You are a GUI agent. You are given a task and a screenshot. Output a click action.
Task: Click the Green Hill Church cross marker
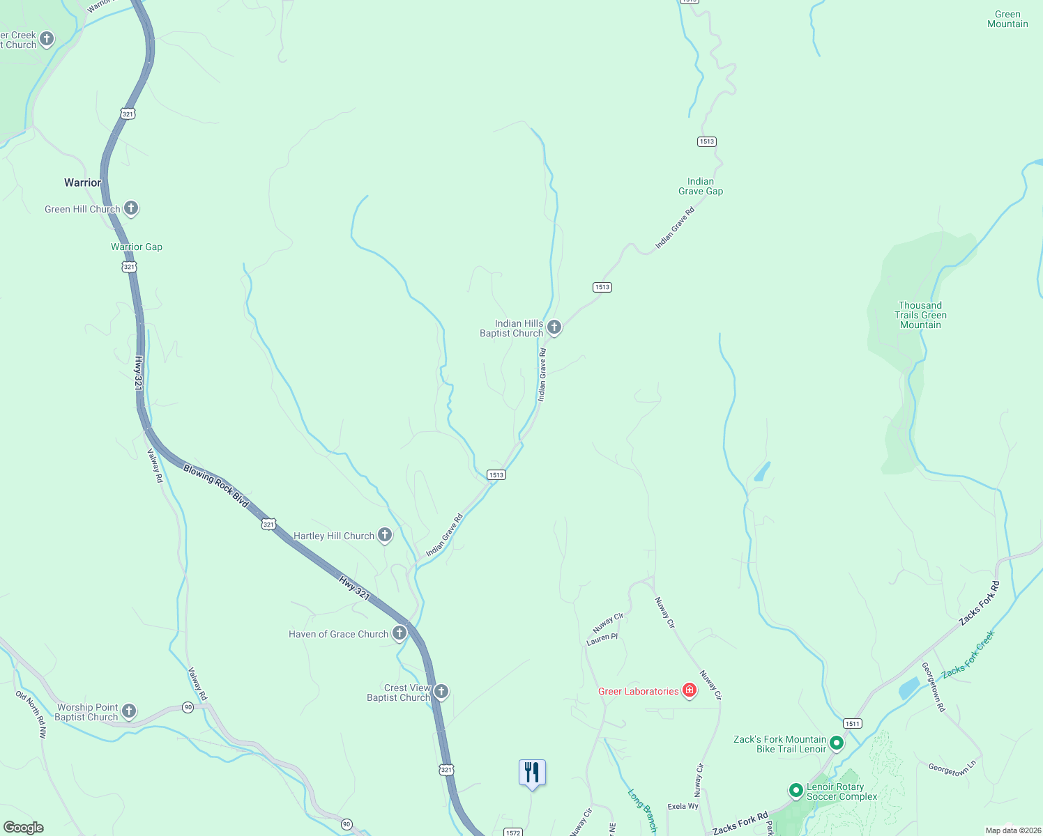131,208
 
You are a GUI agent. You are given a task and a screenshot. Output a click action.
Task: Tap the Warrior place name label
82,183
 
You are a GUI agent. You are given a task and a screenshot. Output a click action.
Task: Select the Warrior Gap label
137,247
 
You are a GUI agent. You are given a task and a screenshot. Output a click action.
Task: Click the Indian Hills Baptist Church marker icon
554,327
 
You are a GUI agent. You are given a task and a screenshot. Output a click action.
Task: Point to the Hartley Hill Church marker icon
385,535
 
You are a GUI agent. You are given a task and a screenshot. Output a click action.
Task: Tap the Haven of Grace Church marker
399,633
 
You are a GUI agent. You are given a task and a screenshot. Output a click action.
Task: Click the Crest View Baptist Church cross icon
441,691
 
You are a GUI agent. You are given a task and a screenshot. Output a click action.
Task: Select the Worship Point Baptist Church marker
129,711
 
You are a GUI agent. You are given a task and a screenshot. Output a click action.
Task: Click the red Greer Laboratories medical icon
690,690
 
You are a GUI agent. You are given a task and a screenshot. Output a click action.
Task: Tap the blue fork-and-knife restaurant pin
532,773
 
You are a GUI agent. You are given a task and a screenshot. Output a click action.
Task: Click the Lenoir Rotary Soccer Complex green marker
795,791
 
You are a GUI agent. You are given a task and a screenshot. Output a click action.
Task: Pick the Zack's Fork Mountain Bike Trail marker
837,743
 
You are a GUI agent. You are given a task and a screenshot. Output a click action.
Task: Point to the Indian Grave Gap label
701,186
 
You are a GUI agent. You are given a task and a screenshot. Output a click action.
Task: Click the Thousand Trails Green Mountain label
920,315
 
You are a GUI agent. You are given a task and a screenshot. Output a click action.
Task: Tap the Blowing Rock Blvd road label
215,486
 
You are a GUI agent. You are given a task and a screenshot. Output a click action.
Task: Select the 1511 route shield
852,723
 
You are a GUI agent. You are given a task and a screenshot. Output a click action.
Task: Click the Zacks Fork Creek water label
968,655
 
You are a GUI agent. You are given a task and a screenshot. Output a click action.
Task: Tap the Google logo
24,828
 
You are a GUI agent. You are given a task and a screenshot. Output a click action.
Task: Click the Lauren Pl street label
602,639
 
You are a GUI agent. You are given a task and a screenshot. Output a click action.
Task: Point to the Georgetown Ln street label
952,768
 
